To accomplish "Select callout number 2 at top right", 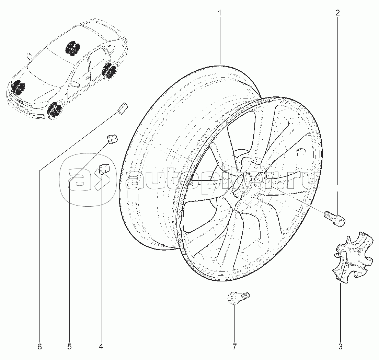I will tap(337, 13).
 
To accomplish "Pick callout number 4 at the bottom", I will tap(101, 347).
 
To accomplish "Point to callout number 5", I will tap(69, 347).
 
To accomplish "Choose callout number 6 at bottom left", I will tap(39, 347).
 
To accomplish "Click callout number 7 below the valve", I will tap(234, 347).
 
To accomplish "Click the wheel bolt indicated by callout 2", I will tap(334, 218).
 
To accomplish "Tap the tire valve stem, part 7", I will tap(238, 297).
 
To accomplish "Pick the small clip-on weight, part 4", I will tap(103, 169).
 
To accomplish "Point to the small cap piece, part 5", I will tap(112, 139).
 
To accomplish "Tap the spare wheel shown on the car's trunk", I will tap(72, 48).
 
